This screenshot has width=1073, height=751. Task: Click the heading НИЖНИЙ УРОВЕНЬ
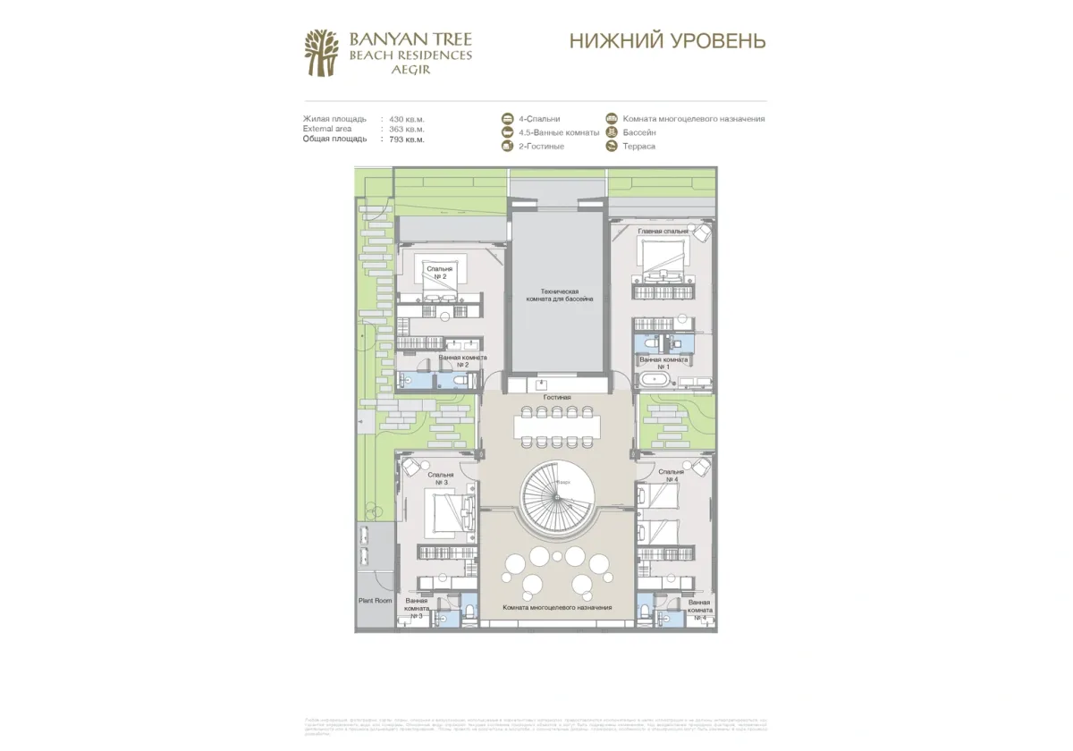pos(667,41)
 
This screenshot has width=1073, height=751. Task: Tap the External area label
pos(327,129)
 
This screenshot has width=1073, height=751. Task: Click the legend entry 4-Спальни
pos(539,119)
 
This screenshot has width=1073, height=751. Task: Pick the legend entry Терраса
pos(638,146)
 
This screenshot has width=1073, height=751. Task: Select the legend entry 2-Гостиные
pos(541,146)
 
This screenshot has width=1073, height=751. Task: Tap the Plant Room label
pos(375,601)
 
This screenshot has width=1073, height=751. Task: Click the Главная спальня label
pos(663,231)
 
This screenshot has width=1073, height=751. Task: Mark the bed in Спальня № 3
pos(445,513)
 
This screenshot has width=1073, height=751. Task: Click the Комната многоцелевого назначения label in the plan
pos(557,608)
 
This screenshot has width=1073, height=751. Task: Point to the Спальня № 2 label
pos(439,273)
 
